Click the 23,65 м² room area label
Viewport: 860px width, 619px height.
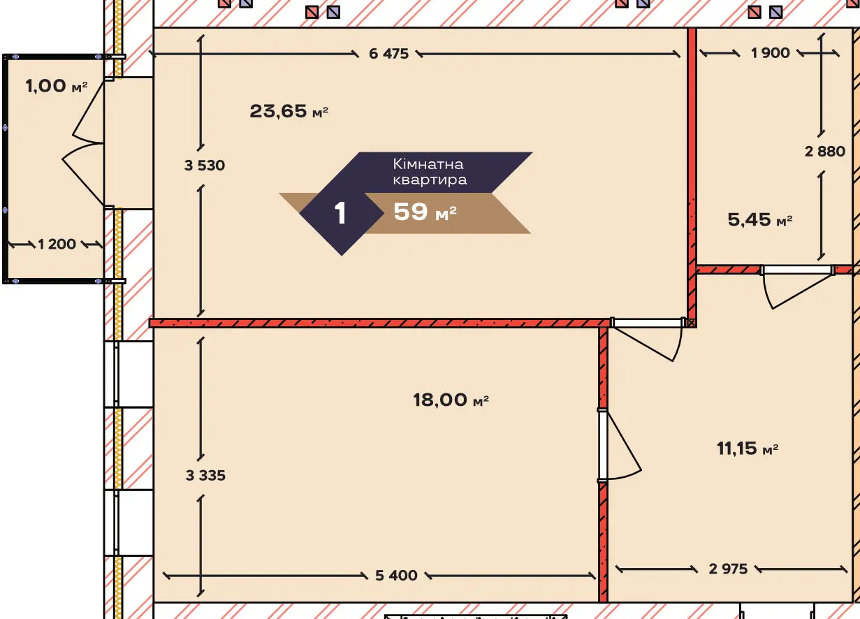(x=289, y=111)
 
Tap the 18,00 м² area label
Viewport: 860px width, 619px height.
(x=451, y=400)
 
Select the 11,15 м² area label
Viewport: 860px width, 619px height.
(x=748, y=448)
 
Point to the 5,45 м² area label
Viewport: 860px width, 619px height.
(x=760, y=219)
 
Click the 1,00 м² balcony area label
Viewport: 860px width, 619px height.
(x=57, y=86)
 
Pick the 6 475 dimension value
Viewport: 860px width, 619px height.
(x=388, y=54)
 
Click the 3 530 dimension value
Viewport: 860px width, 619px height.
(x=204, y=166)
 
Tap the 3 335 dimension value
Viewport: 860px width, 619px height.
(x=205, y=475)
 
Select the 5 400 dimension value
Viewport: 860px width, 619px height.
(x=396, y=575)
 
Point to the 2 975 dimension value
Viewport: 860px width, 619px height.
(x=728, y=569)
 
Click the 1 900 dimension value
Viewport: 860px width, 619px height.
(x=770, y=53)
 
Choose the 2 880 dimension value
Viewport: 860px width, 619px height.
(x=825, y=152)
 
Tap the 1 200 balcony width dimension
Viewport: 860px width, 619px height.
(x=57, y=245)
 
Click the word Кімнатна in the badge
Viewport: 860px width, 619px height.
(x=428, y=164)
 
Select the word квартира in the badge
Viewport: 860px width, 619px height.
(x=430, y=180)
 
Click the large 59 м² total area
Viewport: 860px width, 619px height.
(x=425, y=212)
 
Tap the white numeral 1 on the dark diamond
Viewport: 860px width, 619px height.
(x=340, y=213)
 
